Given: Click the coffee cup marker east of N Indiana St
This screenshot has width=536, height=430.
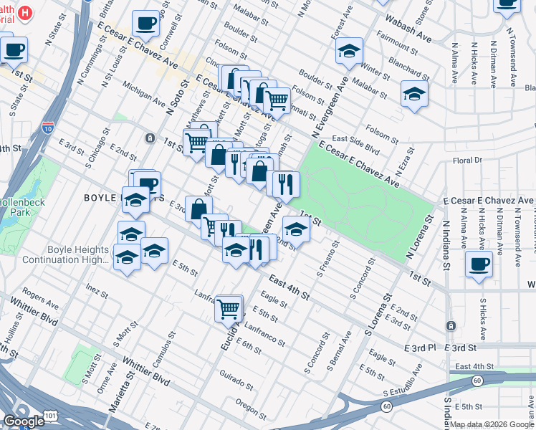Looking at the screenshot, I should [x=479, y=263].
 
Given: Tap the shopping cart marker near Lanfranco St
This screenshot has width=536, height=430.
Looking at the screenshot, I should [x=229, y=308].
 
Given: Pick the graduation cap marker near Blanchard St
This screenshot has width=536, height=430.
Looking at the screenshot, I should [x=414, y=94].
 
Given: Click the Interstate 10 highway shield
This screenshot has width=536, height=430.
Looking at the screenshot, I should [x=48, y=127].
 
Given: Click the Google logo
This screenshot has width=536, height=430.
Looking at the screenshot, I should [x=24, y=421].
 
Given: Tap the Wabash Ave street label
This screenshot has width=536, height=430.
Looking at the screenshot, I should [x=409, y=29].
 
